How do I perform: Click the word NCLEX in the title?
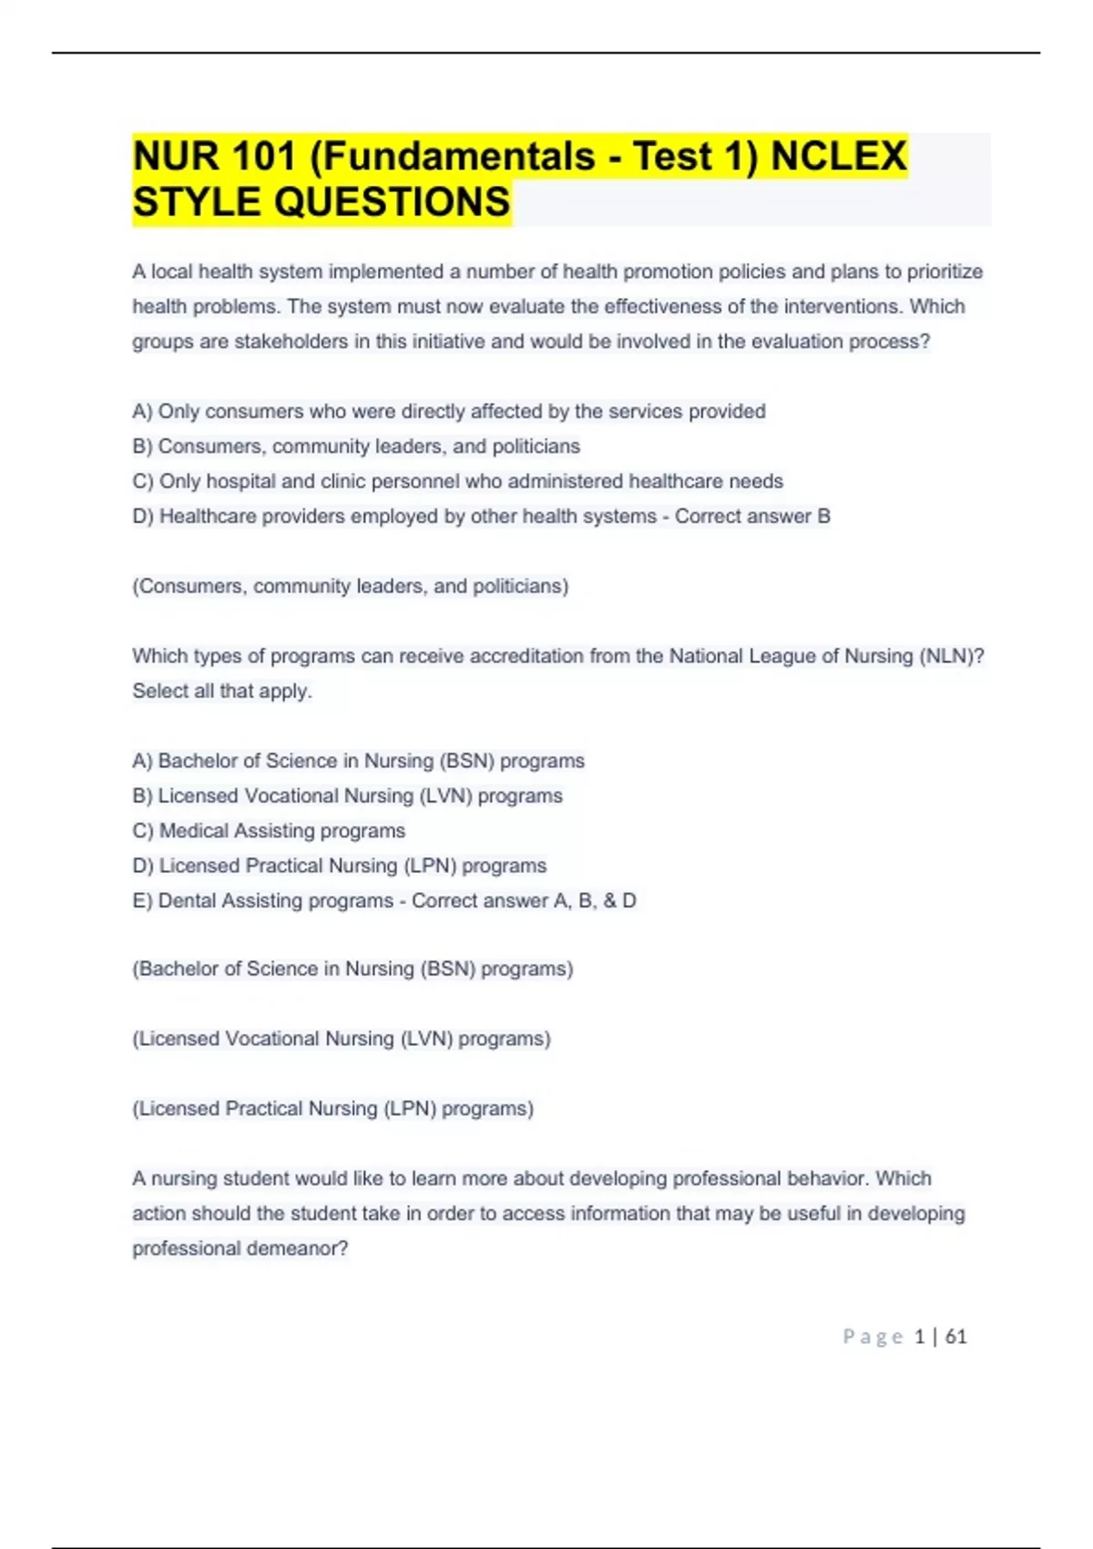click(839, 156)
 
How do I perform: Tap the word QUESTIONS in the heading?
click(392, 202)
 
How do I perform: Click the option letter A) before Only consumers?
click(142, 412)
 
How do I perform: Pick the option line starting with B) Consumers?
click(356, 446)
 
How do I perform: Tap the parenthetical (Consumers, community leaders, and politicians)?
click(351, 586)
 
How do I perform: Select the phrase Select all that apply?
click(222, 692)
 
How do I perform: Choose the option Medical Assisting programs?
click(281, 831)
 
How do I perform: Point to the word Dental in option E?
click(187, 901)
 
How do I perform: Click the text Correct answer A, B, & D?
click(524, 901)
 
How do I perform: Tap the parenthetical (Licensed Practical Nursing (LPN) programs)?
click(333, 1109)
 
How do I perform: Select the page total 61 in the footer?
click(955, 1337)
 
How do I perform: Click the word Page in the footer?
click(873, 1337)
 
